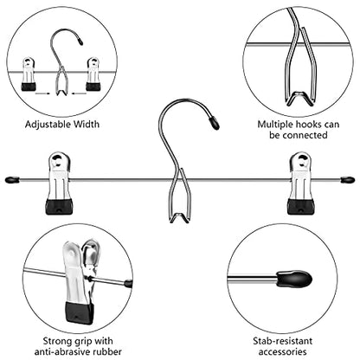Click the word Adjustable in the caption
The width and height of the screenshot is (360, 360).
click(48, 125)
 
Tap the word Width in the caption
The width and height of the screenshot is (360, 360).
click(87, 125)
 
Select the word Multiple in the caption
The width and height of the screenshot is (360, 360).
click(275, 125)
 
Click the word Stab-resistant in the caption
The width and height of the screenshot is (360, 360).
click(283, 341)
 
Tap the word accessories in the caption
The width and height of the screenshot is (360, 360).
click(282, 352)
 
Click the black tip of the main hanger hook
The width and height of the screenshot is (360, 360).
click(215, 123)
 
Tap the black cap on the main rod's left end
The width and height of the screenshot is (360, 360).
click(12, 180)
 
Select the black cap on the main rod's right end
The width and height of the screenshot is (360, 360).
click(348, 180)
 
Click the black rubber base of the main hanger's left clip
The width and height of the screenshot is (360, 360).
click(59, 207)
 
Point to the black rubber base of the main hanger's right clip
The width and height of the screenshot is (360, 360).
click(301, 207)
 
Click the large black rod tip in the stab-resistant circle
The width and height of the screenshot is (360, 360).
click(295, 279)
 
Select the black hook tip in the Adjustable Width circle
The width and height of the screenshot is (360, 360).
click(80, 42)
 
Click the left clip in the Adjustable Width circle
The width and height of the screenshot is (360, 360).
click(29, 74)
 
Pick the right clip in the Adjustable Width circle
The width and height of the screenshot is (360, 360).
click(93, 74)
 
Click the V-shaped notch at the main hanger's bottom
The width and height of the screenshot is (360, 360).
click(179, 218)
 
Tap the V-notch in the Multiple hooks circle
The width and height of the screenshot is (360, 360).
click(299, 99)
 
